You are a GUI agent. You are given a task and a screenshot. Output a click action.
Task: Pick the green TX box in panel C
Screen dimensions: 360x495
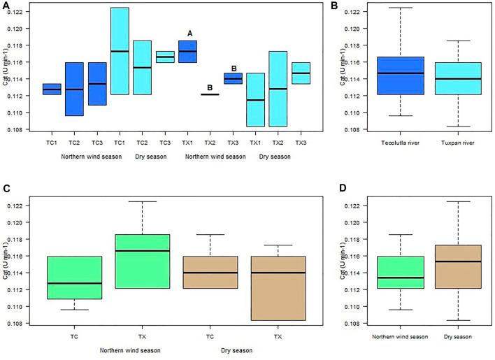(143, 261)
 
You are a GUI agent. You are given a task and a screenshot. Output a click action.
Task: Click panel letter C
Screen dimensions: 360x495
(6, 189)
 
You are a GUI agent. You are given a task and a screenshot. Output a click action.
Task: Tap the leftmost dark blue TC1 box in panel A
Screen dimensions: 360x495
(52, 89)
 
